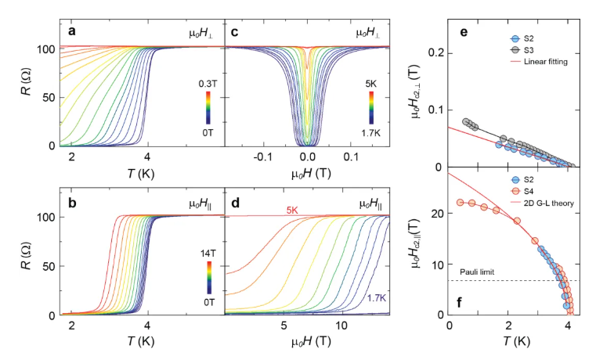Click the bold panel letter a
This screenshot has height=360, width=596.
pos(72,32)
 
